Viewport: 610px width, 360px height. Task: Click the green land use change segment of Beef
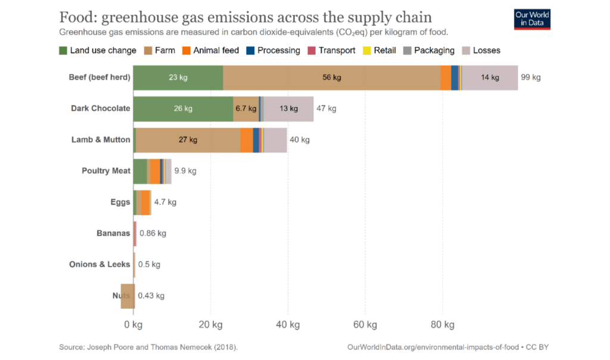pyautogui.click(x=178, y=77)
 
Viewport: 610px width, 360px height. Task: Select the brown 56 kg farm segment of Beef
pyautogui.click(x=332, y=77)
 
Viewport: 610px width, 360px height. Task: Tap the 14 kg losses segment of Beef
pyautogui.click(x=490, y=77)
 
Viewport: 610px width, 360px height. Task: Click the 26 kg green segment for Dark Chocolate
pyautogui.click(x=183, y=108)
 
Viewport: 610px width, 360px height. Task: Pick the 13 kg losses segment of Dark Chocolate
pyautogui.click(x=288, y=108)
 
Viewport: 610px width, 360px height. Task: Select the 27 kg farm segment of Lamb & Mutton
pyautogui.click(x=188, y=140)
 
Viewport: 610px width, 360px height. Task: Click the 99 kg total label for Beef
pyautogui.click(x=530, y=77)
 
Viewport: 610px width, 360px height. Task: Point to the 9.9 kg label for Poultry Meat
pyautogui.click(x=185, y=171)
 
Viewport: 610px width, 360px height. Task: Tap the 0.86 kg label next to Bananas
pyautogui.click(x=152, y=233)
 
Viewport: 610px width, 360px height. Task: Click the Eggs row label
pyautogui.click(x=120, y=202)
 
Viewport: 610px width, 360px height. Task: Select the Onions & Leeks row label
pyautogui.click(x=99, y=264)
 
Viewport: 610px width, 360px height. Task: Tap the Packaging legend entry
pyautogui.click(x=428, y=51)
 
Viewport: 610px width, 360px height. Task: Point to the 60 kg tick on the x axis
pyautogui.click(x=365, y=325)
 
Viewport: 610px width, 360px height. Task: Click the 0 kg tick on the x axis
pyautogui.click(x=133, y=325)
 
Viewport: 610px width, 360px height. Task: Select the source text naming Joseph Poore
pyautogui.click(x=148, y=347)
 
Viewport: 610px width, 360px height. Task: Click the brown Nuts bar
pyautogui.click(x=127, y=296)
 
